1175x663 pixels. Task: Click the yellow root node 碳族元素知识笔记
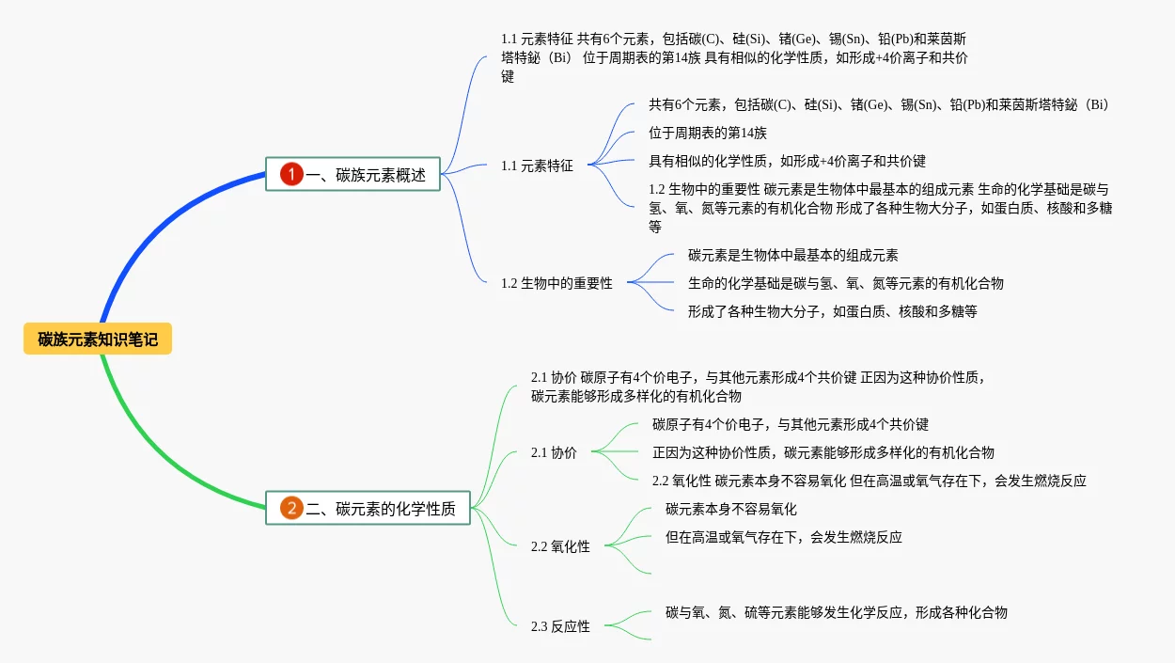click(x=98, y=339)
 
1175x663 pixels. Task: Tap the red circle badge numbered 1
click(x=291, y=174)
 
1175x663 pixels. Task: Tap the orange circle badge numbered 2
click(x=291, y=509)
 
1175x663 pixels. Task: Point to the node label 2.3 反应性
click(x=560, y=626)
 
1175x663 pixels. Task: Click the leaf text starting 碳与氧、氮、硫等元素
click(x=836, y=612)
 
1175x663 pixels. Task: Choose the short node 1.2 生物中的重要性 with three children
click(x=556, y=283)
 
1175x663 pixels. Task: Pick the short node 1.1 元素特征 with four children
click(x=537, y=166)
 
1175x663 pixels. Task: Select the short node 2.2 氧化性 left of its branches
click(x=560, y=546)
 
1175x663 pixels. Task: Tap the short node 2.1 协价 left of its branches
click(x=554, y=452)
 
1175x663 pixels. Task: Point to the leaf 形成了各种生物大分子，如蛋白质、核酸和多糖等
click(x=832, y=311)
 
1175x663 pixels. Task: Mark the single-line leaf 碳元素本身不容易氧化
click(x=730, y=509)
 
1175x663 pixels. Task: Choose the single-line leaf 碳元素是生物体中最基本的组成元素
click(x=792, y=255)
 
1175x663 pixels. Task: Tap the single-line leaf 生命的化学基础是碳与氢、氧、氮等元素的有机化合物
click(x=845, y=283)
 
